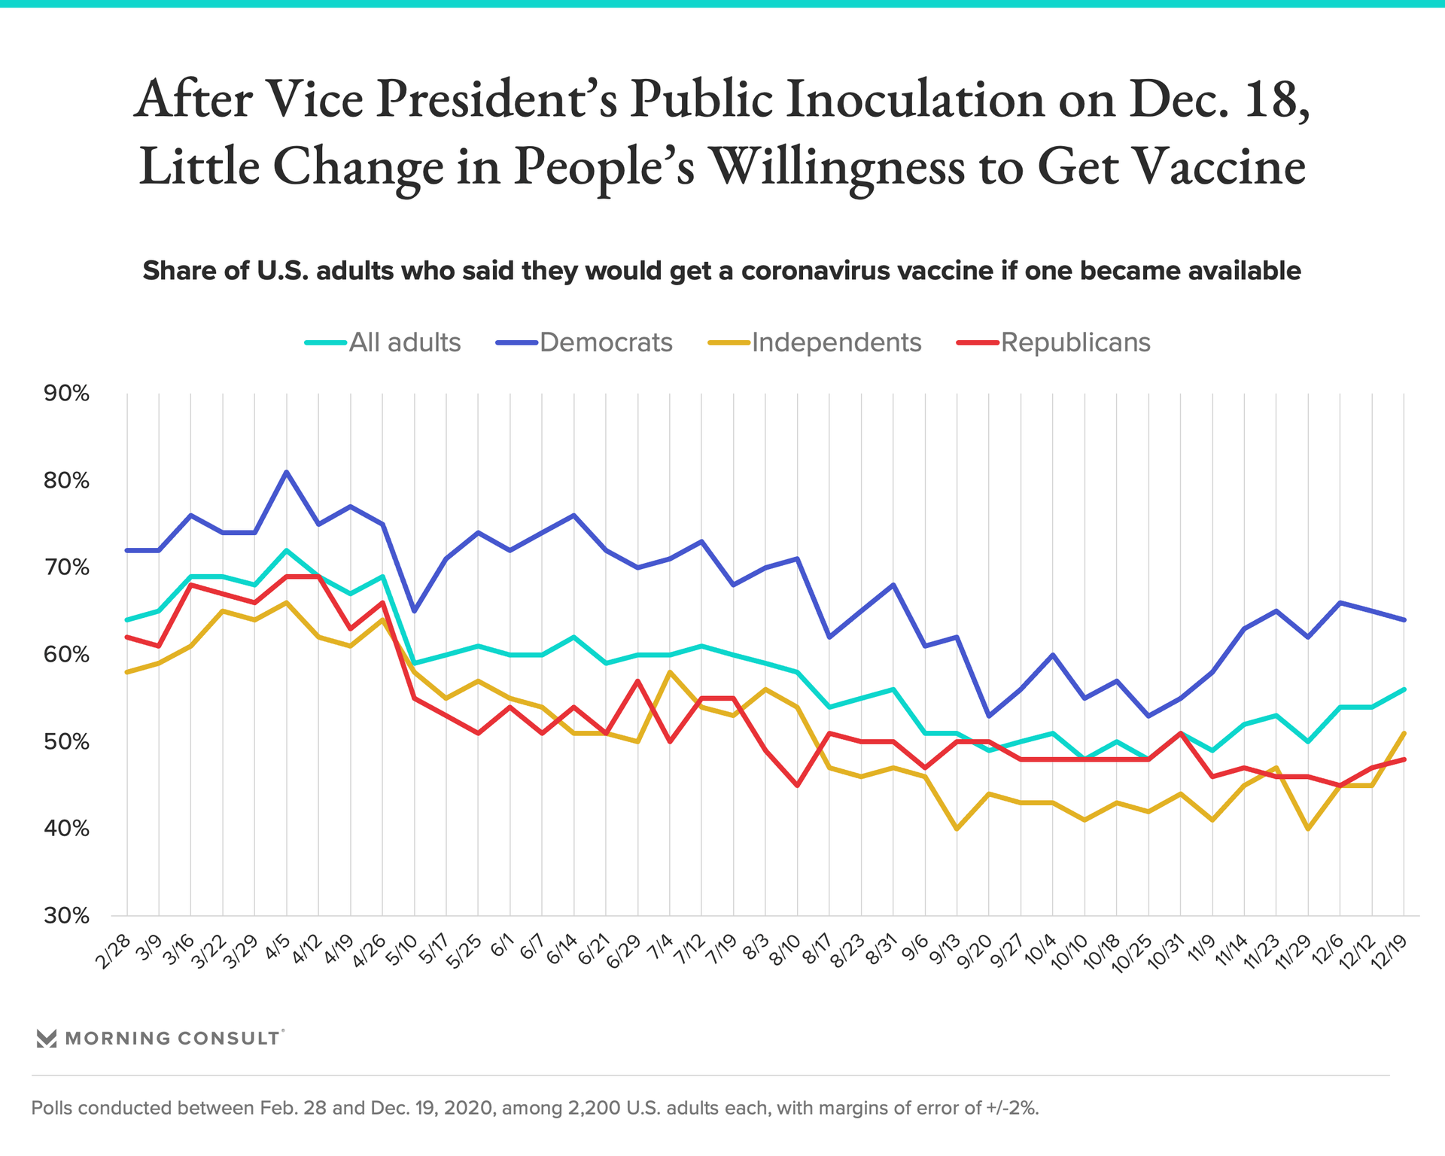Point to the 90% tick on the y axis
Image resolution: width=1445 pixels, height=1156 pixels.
pyautogui.click(x=67, y=393)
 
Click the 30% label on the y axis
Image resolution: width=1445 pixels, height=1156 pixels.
pyautogui.click(x=67, y=916)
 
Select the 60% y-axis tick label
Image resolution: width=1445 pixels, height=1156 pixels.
pyautogui.click(x=67, y=655)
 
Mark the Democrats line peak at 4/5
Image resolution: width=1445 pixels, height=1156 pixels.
pyautogui.click(x=287, y=472)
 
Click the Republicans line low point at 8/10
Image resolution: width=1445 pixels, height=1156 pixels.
pyautogui.click(x=797, y=786)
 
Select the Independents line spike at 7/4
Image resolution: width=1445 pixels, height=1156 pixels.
pyautogui.click(x=670, y=672)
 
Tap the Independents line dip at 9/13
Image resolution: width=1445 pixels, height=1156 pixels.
pyautogui.click(x=957, y=829)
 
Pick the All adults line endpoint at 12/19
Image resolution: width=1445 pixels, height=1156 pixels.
pyautogui.click(x=1404, y=689)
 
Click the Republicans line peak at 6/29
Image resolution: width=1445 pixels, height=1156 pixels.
pyautogui.click(x=638, y=681)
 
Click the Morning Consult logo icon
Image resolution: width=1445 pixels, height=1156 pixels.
pyautogui.click(x=47, y=1039)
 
